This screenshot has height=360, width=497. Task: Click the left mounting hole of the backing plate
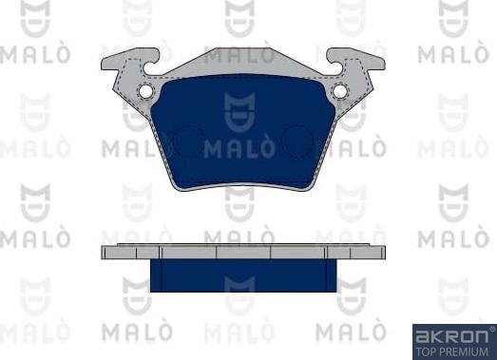pos(145,91)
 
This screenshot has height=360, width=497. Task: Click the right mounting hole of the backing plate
pos(340,91)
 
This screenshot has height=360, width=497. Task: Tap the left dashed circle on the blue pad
pos(187,142)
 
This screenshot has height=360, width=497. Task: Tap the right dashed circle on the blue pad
pos(297,142)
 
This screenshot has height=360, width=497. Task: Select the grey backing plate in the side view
pos(243,252)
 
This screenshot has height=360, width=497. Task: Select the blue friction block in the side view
pos(243,275)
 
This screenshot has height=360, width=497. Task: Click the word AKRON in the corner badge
pos(451,336)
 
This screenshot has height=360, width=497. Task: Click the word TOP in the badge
pos(424,351)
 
